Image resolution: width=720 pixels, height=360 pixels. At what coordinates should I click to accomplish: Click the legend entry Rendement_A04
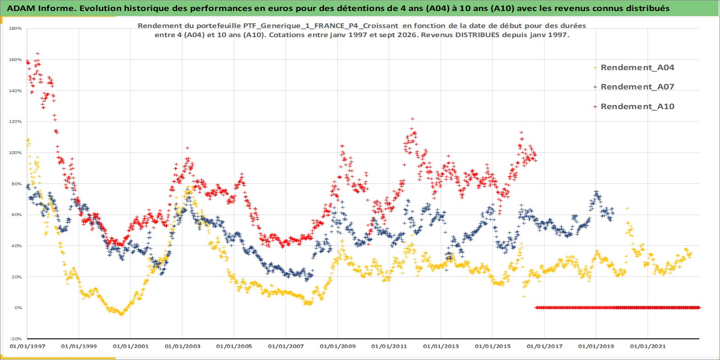click(x=637, y=67)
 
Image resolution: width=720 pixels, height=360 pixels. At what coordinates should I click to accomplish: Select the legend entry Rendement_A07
click(x=637, y=87)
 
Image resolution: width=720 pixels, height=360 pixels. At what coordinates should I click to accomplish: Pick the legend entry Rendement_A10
click(x=637, y=106)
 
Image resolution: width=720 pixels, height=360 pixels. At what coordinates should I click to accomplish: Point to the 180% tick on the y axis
click(x=15, y=28)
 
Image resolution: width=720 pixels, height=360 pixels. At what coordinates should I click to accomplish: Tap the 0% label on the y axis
click(x=18, y=308)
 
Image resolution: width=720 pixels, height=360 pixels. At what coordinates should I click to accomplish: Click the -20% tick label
click(x=16, y=339)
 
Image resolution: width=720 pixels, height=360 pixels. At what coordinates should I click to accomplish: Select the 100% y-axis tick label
click(x=15, y=153)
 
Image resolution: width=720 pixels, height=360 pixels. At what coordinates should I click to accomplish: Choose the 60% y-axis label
click(x=17, y=215)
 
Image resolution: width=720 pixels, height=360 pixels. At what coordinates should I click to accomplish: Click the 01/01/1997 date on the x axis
click(x=28, y=346)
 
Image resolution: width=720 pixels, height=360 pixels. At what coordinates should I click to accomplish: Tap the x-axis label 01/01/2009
click(x=337, y=346)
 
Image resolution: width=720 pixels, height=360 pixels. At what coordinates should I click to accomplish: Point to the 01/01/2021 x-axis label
click(x=647, y=346)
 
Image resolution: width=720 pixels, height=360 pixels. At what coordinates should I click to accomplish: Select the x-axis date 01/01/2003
click(x=182, y=346)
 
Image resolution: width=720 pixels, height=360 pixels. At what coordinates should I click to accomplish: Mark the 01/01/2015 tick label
click(x=492, y=346)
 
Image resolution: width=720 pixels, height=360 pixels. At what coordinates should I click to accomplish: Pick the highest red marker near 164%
click(x=38, y=53)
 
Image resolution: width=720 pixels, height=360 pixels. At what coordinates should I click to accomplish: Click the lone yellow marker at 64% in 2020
click(x=627, y=208)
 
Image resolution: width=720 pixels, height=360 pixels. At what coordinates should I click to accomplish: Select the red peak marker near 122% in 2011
click(x=413, y=119)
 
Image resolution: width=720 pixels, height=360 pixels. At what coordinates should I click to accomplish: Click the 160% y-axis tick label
click(x=15, y=60)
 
